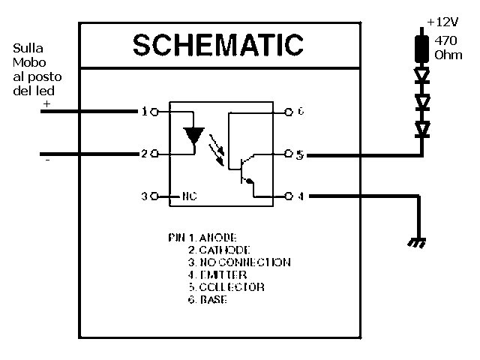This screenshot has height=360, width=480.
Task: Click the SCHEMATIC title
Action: click(217, 44)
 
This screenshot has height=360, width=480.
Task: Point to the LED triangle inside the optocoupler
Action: click(194, 135)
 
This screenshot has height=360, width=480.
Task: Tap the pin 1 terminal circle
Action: click(154, 112)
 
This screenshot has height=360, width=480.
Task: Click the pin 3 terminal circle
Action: click(154, 196)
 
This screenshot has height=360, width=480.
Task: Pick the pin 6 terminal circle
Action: click(288, 112)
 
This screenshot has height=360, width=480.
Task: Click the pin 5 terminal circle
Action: click(288, 154)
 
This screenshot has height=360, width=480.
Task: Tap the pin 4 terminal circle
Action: click(288, 196)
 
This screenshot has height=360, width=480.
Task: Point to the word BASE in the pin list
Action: click(214, 300)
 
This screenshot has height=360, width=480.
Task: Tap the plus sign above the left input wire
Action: click(46, 104)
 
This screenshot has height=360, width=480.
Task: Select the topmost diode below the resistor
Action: click(422, 75)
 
